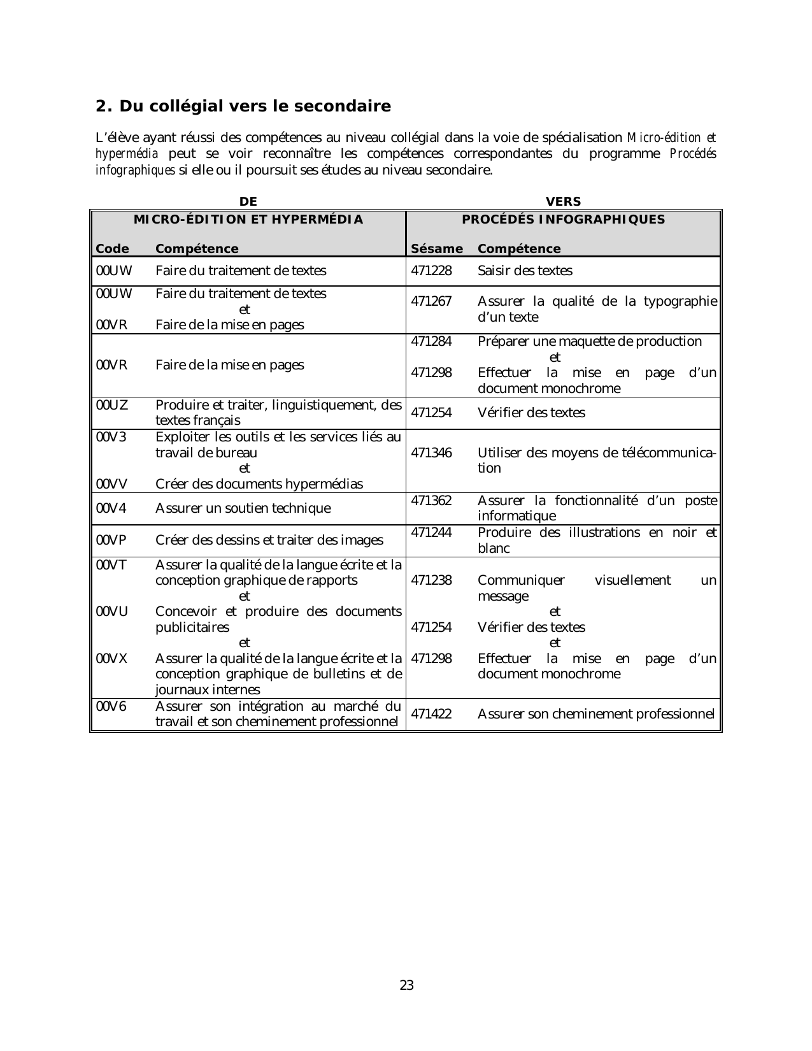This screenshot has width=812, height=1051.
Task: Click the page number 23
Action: (406, 985)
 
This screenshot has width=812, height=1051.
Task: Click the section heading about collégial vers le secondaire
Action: (243, 106)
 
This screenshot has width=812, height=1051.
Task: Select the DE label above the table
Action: (248, 201)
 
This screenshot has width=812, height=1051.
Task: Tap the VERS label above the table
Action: (564, 201)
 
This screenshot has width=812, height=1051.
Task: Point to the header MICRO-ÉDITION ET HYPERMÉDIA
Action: (248, 220)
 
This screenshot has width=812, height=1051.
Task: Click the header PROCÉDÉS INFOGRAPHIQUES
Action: (563, 220)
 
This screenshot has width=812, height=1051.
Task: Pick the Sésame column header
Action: (437, 249)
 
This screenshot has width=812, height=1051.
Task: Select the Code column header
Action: (112, 249)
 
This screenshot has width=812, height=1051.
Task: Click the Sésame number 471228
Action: (431, 271)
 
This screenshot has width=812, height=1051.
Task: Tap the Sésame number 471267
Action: (431, 301)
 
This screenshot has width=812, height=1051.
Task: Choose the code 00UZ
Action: (111, 404)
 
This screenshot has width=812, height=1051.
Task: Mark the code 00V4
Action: (111, 508)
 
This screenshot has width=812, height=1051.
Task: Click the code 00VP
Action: (111, 540)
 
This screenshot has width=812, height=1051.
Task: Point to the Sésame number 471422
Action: (431, 714)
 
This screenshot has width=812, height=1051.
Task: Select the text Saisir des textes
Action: (525, 271)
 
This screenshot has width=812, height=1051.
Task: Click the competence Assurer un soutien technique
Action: (243, 508)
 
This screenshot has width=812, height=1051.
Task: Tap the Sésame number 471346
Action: (431, 453)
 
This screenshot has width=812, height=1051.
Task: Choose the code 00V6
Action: (111, 706)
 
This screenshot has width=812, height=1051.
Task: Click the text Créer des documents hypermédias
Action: (259, 484)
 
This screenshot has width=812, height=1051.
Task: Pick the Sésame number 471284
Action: (431, 341)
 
